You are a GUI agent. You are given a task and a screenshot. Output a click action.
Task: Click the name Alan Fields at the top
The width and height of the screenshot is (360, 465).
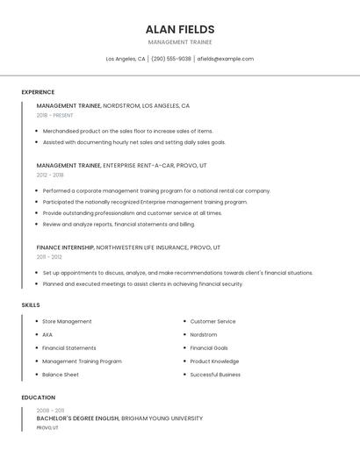(180, 29)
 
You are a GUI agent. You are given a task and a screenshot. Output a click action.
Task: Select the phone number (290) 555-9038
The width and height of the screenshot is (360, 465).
(170, 59)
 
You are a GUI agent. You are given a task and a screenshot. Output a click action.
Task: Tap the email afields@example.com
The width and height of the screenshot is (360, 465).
(225, 59)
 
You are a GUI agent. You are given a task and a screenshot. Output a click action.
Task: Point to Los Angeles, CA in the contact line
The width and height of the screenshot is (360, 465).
(126, 59)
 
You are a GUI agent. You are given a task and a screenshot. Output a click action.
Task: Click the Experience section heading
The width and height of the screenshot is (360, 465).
(38, 92)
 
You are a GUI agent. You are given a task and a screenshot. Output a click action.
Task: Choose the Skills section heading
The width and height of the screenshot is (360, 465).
(31, 304)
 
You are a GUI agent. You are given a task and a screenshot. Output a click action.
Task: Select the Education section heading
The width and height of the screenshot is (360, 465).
(38, 397)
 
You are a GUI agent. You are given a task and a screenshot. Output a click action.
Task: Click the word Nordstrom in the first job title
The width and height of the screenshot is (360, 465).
(120, 105)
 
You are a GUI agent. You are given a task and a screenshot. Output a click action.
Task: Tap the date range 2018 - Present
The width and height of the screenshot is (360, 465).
(54, 115)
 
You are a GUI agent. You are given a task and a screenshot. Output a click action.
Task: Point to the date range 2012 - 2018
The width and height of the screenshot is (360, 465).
(50, 175)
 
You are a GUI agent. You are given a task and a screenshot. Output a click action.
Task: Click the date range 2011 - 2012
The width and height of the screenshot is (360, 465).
(49, 257)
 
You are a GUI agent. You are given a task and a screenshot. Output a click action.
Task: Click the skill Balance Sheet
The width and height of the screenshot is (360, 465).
(61, 375)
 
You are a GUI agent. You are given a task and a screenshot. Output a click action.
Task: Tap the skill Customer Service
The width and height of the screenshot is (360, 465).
(212, 321)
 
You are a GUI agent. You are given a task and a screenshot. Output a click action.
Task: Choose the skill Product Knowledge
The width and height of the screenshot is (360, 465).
(214, 361)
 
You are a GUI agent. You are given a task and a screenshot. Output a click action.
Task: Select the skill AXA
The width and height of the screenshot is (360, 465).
(47, 334)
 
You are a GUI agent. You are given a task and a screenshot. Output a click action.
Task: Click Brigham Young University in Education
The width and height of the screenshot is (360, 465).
(162, 418)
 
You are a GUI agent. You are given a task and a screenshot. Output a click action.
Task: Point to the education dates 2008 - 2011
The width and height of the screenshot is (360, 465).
(50, 410)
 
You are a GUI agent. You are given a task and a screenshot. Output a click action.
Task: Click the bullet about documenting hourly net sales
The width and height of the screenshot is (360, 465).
(133, 142)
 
